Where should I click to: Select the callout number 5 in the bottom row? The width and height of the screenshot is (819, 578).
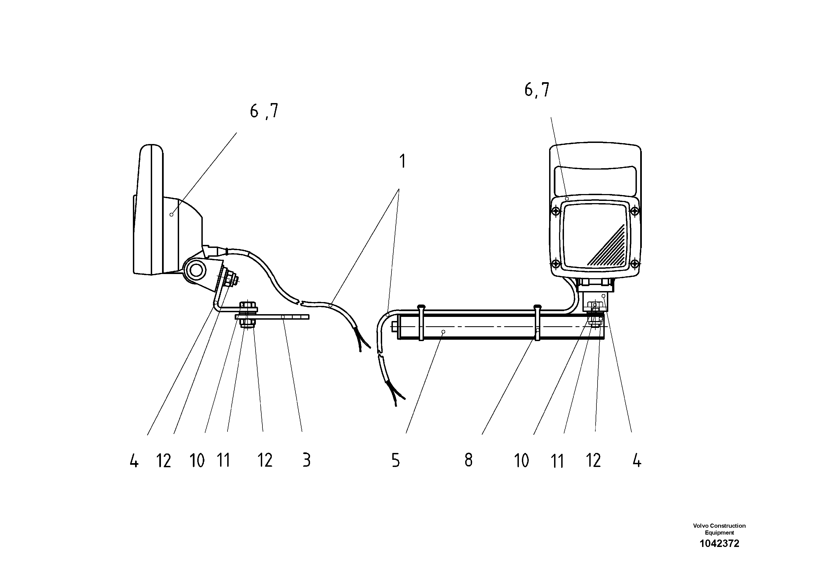396,460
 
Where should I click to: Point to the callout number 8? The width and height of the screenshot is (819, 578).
468,460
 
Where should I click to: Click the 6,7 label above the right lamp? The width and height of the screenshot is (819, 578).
536,90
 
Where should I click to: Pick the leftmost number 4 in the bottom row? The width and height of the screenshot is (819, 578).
134,462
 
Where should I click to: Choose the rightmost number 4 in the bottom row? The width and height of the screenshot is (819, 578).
637,461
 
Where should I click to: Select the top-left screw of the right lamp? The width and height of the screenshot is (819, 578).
555,212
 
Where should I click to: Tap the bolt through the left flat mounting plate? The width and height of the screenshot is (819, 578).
247,315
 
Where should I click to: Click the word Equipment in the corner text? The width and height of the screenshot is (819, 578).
719,533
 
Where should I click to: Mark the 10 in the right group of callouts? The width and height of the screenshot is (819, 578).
521,461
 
